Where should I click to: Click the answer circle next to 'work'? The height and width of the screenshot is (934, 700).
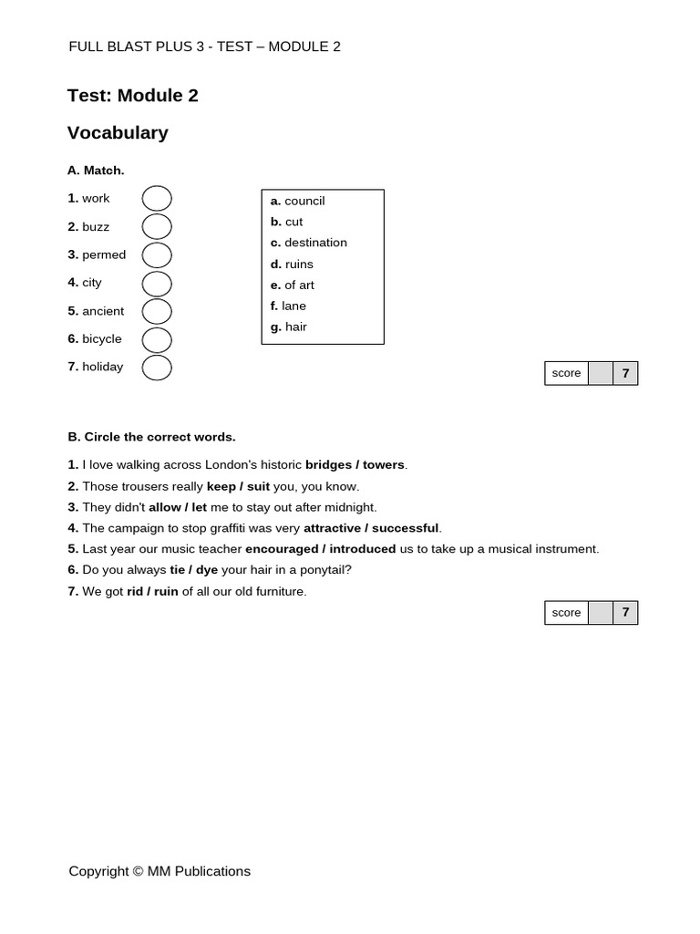157,198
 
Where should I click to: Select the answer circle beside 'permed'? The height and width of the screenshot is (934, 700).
157,254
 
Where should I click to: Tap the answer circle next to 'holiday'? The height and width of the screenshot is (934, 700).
157,368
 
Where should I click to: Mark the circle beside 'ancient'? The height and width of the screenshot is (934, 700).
157,311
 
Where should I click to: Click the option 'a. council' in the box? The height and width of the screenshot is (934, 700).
297,201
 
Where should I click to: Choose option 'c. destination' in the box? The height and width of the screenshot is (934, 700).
308,243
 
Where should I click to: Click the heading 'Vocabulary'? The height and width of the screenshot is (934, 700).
118,133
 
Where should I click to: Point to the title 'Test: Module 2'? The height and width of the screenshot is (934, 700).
132,96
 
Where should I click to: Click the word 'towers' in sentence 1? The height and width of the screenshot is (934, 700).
384,465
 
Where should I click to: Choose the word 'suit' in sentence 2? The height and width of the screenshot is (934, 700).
258,486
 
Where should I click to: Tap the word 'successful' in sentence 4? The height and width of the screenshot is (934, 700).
405,528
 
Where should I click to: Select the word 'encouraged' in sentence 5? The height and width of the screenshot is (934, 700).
282,549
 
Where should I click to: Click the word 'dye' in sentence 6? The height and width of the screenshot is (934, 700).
207,570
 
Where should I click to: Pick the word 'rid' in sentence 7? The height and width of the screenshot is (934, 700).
135,591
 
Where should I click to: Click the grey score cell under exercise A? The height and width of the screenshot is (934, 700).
600,373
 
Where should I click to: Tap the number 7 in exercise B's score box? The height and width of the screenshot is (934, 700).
625,613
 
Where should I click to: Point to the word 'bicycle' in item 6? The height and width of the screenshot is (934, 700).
101,339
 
